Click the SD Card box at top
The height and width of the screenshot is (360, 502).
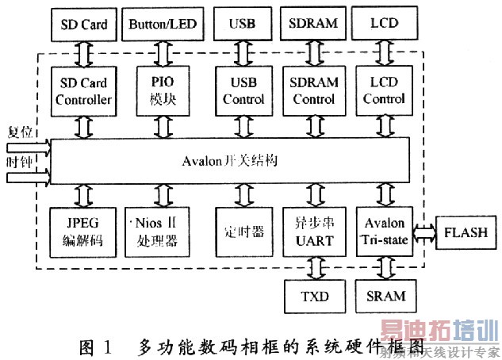[84, 23]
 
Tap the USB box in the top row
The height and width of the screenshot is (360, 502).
[241, 23]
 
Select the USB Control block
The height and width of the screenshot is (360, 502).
[243, 91]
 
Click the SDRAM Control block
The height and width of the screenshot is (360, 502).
[315, 91]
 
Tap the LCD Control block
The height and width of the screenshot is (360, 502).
[387, 91]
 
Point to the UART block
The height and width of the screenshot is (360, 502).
[315, 232]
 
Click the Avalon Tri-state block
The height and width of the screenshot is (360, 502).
[387, 232]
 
